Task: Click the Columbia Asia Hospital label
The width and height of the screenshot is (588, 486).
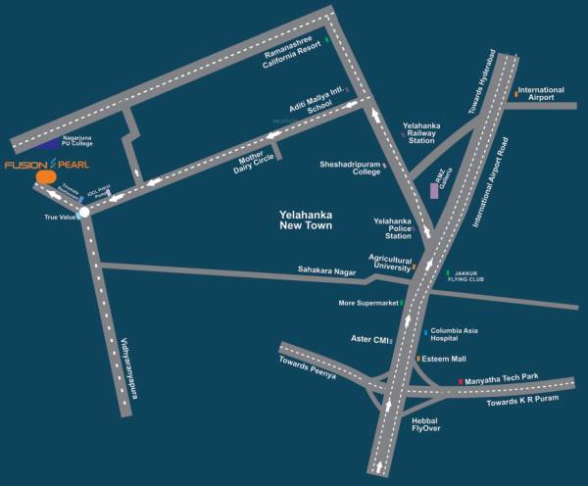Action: [460, 336]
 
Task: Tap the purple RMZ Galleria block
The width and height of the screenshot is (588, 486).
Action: [434, 186]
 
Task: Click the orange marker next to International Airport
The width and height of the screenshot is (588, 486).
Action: [515, 94]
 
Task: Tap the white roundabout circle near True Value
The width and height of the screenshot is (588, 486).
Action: [84, 211]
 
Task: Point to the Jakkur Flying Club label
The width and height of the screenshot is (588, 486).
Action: [475, 277]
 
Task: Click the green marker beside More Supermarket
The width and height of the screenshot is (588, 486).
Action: [402, 304]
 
